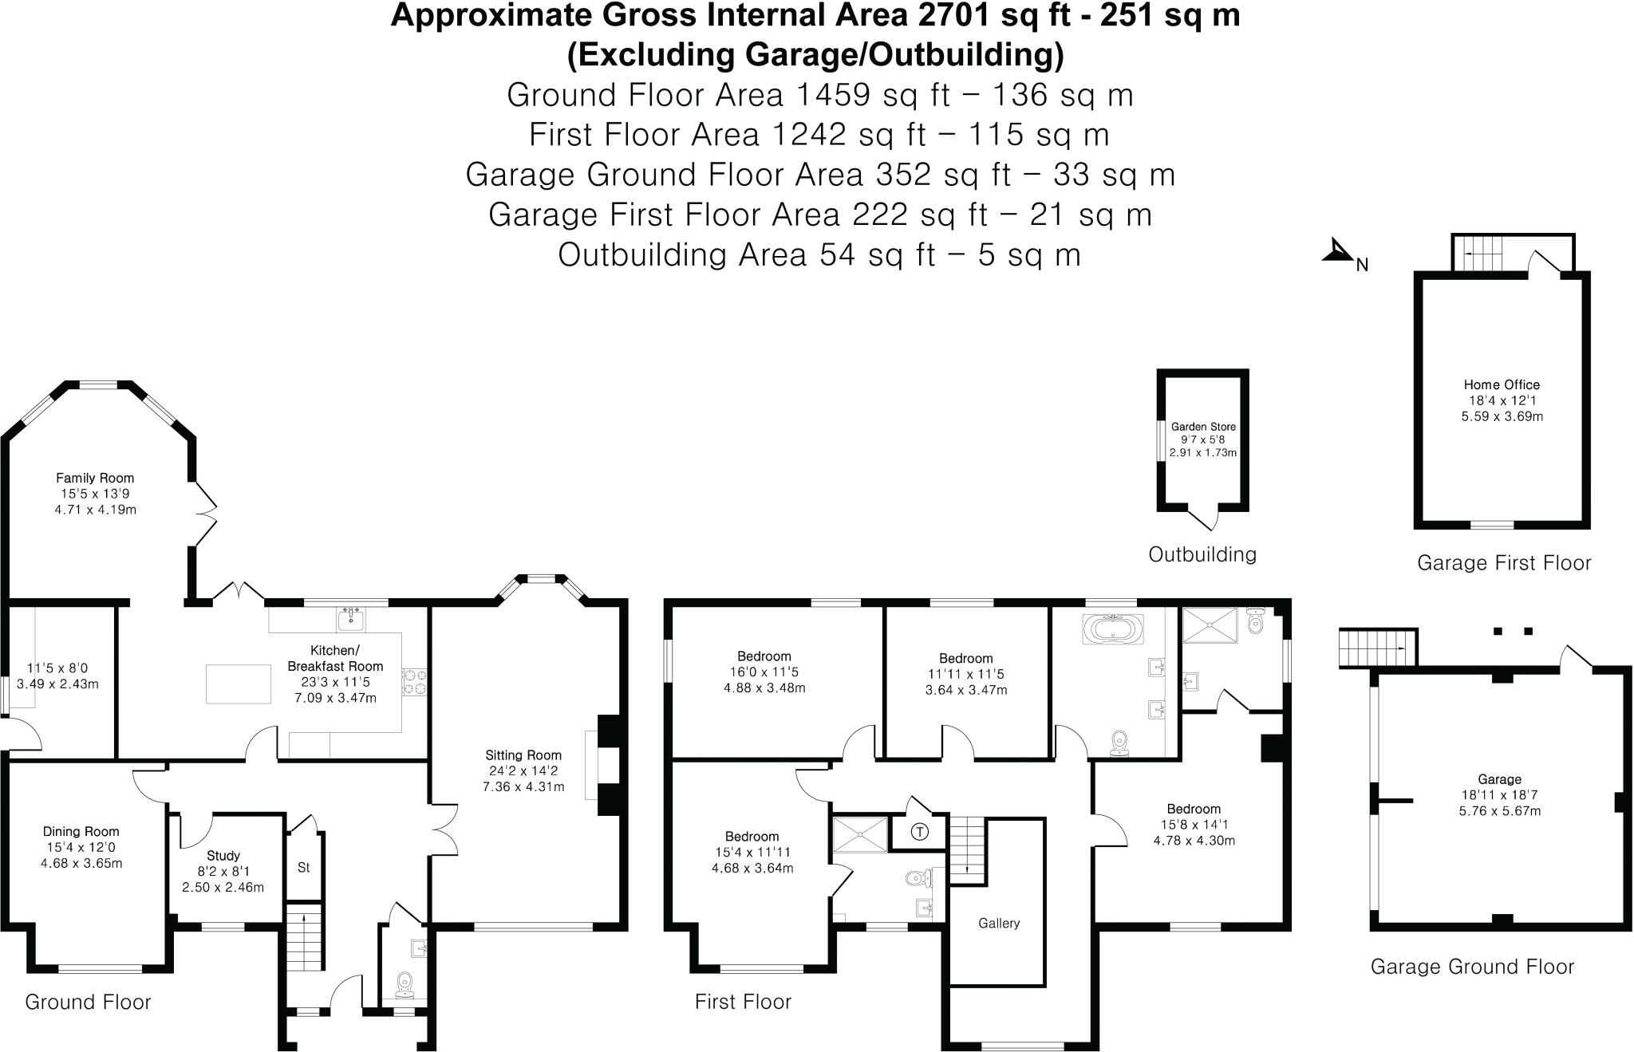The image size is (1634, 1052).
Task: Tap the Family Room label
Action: click(x=95, y=478)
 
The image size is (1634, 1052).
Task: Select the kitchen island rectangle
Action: click(x=238, y=684)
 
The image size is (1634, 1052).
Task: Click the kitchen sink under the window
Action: click(x=350, y=618)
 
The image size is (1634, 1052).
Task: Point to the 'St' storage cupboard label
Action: click(x=303, y=867)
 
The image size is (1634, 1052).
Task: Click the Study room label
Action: click(x=223, y=856)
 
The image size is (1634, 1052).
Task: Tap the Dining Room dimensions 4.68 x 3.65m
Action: click(x=81, y=863)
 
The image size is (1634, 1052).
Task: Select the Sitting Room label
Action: click(x=523, y=755)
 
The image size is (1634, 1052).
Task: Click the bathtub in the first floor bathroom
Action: click(x=1113, y=629)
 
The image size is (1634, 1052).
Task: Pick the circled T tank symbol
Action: click(x=920, y=833)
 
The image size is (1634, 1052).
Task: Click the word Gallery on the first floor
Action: click(x=999, y=923)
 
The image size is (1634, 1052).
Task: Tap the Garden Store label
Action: click(x=1203, y=427)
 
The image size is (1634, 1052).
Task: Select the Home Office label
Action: click(x=1502, y=384)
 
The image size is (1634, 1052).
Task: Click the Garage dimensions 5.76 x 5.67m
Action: click(x=1500, y=811)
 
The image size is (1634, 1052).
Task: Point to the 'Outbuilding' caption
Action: click(x=1202, y=554)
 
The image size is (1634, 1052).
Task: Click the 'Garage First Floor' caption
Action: click(x=1504, y=563)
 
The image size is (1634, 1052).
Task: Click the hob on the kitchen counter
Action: click(x=416, y=680)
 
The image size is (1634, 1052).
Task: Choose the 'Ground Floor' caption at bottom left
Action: click(x=88, y=1002)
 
